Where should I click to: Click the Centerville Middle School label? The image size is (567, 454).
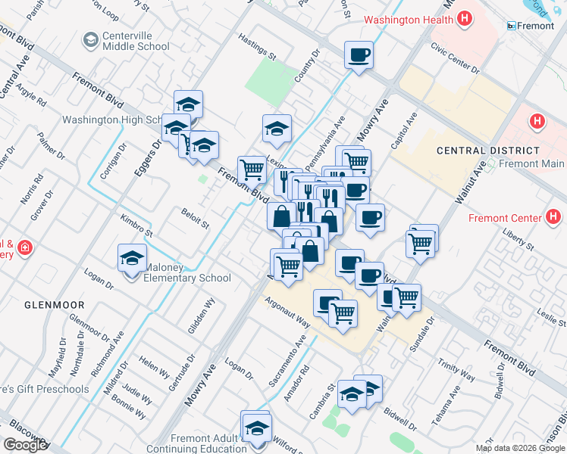pos(135,41)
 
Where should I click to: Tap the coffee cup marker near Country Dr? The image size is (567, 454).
pos(359,55)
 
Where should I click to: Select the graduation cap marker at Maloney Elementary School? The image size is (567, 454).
pos(133,259)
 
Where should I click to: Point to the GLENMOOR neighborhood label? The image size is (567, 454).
pos(54,304)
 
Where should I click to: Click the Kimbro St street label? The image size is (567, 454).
pos(136,224)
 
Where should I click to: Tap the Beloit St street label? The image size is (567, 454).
pos(195,219)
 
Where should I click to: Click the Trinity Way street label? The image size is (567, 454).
pos(456,369)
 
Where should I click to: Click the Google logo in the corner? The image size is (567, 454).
pos(24,445)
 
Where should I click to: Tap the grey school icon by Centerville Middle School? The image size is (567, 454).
pos(91,39)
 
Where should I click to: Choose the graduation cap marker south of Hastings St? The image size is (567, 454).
pos(277,129)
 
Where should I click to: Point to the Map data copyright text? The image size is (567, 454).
pos(519,448)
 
